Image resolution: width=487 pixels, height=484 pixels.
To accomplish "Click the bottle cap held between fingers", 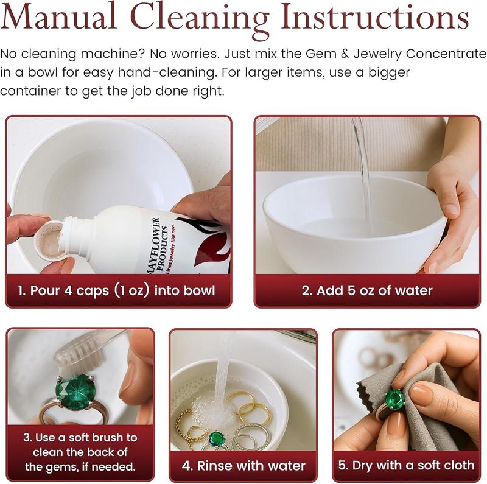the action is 49,240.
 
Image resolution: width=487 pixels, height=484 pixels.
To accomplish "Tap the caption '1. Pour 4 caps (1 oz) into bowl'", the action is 116,291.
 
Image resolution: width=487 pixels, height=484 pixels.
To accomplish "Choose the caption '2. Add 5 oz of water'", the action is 367,291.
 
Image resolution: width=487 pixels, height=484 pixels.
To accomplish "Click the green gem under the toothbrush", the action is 75,391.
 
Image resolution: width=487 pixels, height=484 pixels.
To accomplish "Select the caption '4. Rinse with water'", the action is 243,466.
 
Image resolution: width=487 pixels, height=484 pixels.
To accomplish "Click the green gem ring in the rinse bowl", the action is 217,439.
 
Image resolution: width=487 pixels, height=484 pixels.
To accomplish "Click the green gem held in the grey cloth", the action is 394,399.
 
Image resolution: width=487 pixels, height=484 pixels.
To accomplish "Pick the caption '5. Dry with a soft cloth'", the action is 406,465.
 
